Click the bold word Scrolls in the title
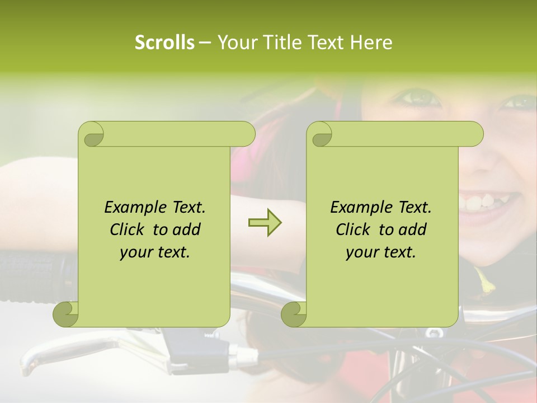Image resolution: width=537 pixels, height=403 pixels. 165,43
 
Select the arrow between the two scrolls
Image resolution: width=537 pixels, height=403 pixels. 265,223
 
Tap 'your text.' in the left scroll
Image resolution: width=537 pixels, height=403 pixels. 155,252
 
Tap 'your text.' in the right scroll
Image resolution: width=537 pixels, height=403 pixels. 381,252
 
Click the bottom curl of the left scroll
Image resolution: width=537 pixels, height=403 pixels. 66,313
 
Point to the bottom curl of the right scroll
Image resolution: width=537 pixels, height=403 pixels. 294,313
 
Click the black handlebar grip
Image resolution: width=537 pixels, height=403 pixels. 34,274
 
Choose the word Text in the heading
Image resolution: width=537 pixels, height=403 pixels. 326,43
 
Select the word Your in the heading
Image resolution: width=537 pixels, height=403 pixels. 235,43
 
